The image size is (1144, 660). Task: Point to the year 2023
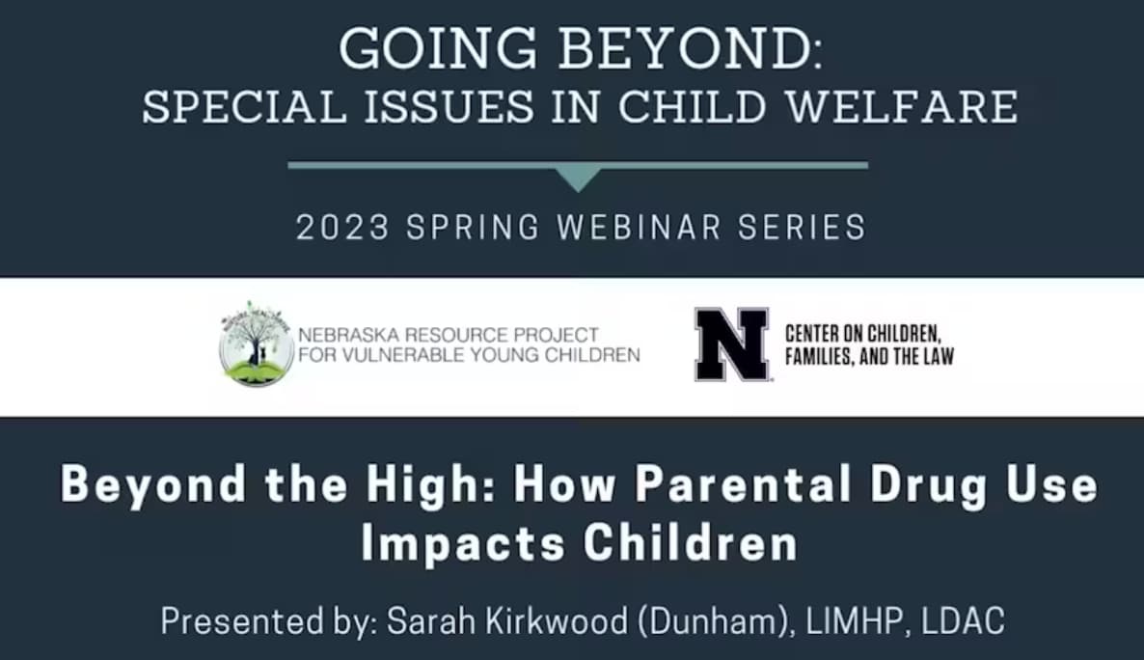point(342,228)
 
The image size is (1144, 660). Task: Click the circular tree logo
point(256,344)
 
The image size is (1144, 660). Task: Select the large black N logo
point(732,344)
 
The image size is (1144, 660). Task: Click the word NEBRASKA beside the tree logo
point(346,336)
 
